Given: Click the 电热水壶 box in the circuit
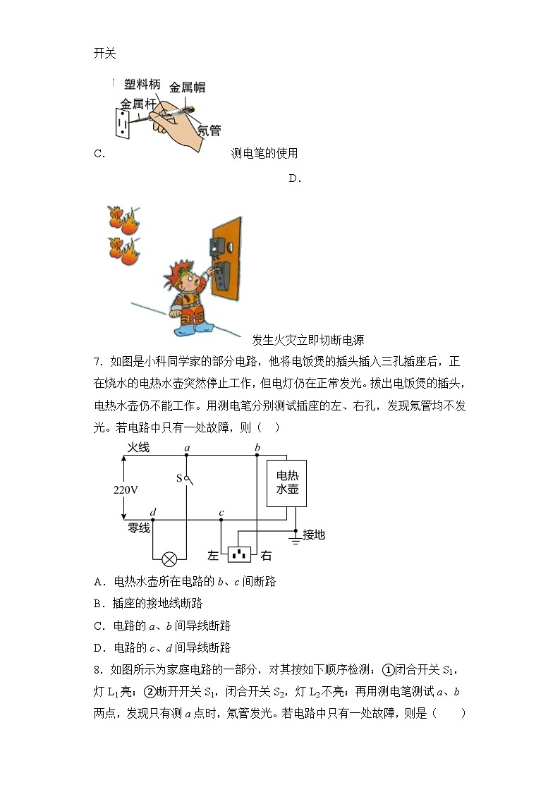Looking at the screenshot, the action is [x=287, y=482].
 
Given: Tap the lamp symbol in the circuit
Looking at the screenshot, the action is [x=169, y=559].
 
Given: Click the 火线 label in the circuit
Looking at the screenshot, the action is [x=138, y=448].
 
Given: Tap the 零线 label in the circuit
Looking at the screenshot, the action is [x=138, y=528].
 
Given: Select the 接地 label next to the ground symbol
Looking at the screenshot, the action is [x=314, y=535].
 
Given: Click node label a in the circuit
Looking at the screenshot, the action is [x=186, y=448].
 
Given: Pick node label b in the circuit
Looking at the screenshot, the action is [x=257, y=448].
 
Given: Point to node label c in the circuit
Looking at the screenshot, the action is [x=221, y=513].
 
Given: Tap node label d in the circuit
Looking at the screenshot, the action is [x=154, y=513].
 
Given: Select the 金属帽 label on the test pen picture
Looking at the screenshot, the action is [x=187, y=87].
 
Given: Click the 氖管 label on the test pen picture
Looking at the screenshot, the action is [x=209, y=130].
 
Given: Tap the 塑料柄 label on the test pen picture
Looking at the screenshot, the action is [x=142, y=85].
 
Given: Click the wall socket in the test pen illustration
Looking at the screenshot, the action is [x=122, y=123].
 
